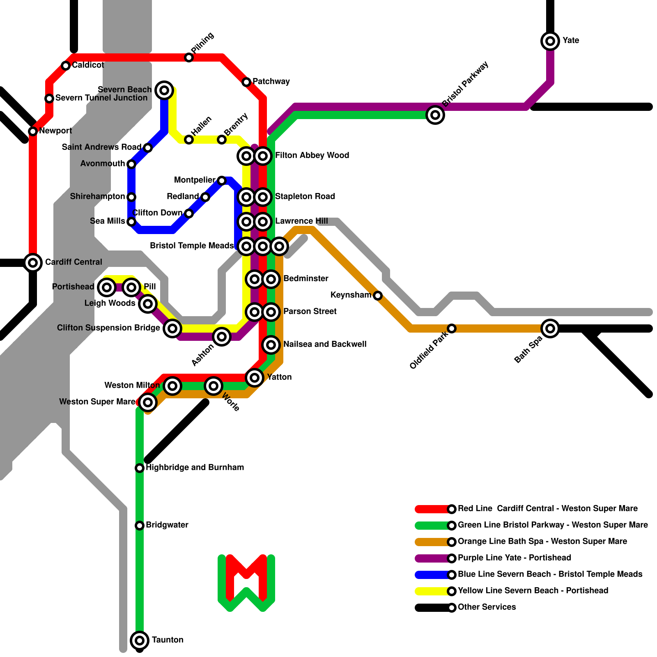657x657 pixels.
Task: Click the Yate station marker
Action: click(x=550, y=41)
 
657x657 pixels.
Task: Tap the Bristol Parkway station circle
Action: click(x=435, y=115)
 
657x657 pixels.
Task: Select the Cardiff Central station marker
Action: click(x=33, y=262)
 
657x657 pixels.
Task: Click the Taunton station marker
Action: click(x=140, y=640)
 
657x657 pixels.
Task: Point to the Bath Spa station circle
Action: click(x=550, y=328)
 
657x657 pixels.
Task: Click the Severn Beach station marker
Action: click(x=164, y=90)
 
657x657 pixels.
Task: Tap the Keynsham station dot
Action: click(x=378, y=295)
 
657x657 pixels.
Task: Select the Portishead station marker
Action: click(x=107, y=287)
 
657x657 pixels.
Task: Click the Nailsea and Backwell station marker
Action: click(x=271, y=345)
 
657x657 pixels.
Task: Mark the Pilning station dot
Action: click(x=189, y=57)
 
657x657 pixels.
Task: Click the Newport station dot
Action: click(x=33, y=131)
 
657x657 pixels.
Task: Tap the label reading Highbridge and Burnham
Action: click(x=195, y=467)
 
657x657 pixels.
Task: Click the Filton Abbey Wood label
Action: click(x=312, y=155)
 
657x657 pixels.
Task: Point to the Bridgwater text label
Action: click(x=167, y=525)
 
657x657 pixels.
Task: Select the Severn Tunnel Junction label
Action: click(x=101, y=98)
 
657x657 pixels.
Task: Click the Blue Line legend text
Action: click(x=550, y=574)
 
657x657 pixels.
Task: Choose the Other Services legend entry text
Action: click(x=487, y=607)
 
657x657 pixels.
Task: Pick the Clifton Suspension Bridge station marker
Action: click(x=172, y=328)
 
